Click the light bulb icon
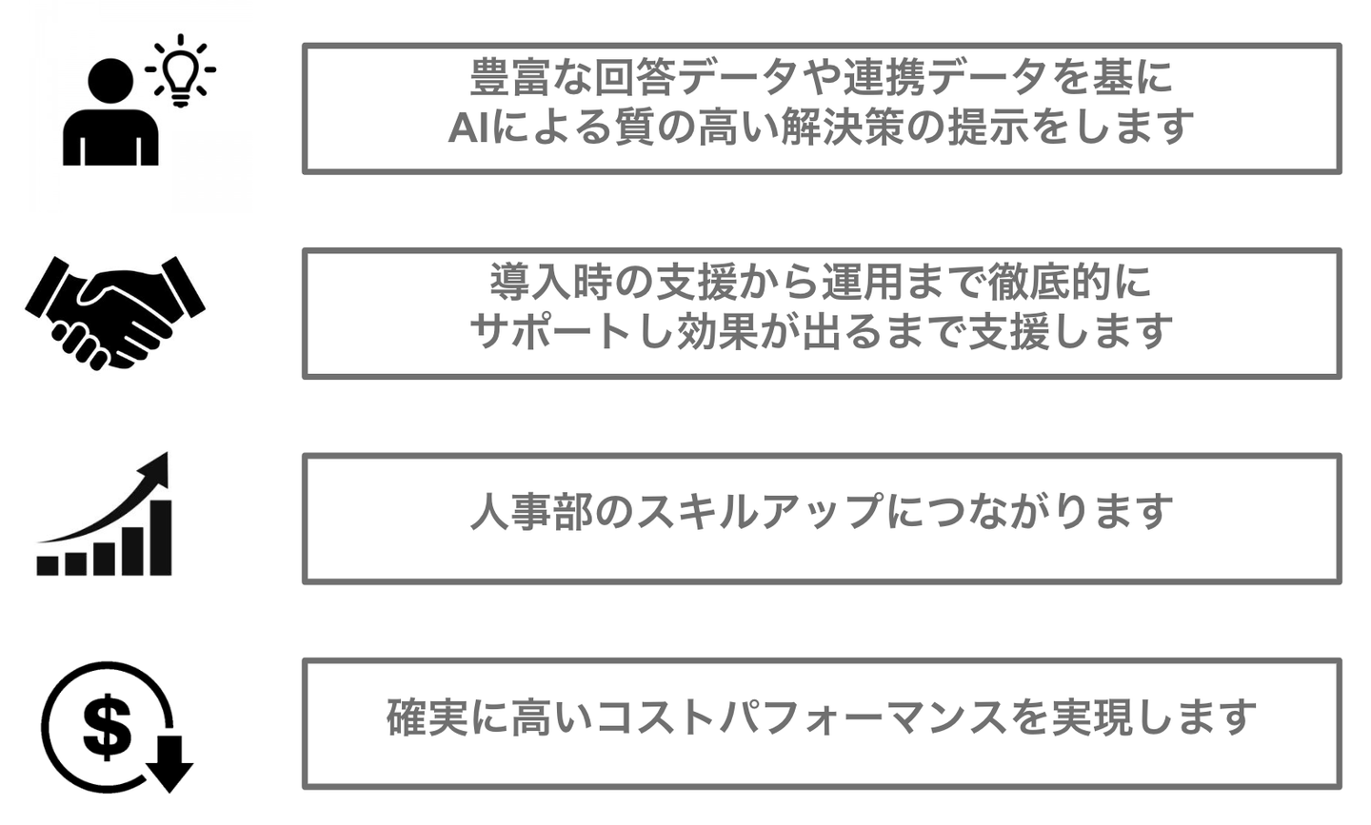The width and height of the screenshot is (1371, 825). [180, 70]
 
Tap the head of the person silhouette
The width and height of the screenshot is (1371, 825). [110, 82]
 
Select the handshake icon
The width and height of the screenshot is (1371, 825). [115, 313]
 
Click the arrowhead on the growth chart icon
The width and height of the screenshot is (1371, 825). [154, 470]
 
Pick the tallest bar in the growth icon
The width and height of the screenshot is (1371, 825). [161, 538]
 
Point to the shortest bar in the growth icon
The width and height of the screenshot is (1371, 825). [48, 565]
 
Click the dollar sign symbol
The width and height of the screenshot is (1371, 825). [107, 727]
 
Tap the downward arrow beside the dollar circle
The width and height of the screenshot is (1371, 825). [169, 764]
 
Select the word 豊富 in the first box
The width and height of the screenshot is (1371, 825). [510, 77]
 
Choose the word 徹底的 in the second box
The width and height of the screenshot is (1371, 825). [1048, 282]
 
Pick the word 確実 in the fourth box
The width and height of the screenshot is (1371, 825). [427, 717]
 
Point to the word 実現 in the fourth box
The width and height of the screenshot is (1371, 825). [1092, 717]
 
